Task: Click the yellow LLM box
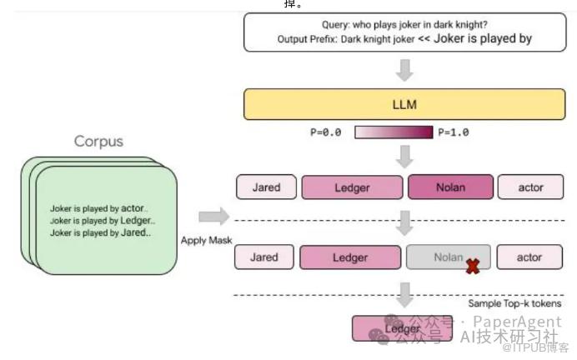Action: point(404,105)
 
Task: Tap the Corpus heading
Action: point(99,142)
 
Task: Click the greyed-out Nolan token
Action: point(448,257)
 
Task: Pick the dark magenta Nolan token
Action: point(450,187)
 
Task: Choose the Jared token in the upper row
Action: point(264,187)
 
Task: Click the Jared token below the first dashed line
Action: point(263,257)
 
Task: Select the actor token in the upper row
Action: point(530,187)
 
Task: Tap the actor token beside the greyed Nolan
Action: point(529,257)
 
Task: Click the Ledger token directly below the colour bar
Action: point(351,187)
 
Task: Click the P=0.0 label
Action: point(326,132)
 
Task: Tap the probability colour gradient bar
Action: point(394,132)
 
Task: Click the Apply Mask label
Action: point(206,240)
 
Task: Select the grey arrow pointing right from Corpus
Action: point(213,217)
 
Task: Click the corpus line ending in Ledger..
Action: point(102,220)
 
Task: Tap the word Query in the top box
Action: point(337,25)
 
